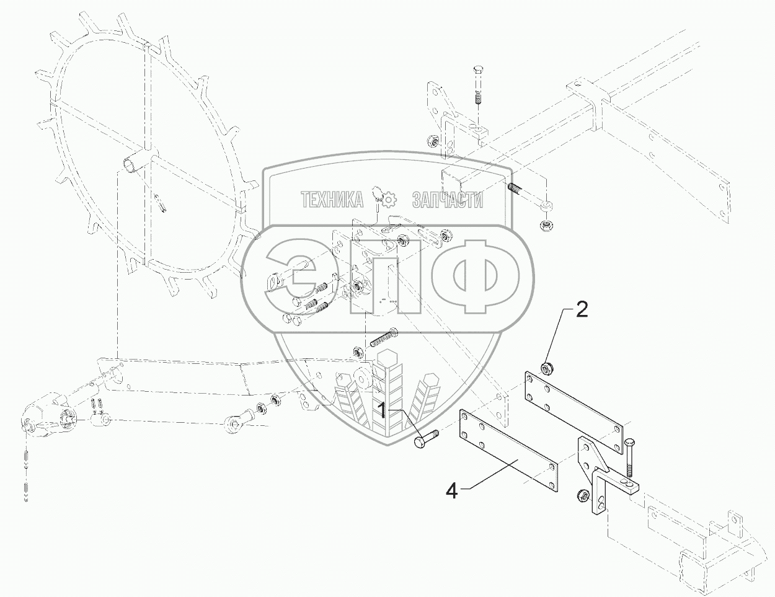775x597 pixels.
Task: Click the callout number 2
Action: pos(582,310)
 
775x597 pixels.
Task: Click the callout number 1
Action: pos(383,410)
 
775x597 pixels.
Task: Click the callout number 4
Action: pos(452,492)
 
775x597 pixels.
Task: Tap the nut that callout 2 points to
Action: pos(546,368)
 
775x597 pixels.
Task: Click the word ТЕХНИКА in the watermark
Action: pos(332,200)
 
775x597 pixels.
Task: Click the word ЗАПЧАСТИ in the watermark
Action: pos(447,200)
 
